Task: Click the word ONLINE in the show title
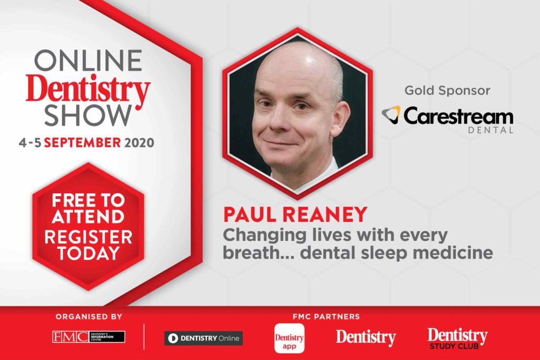click(88, 62)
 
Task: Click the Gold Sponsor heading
click(447, 91)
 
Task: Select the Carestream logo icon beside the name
click(391, 114)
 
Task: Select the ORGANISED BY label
click(89, 317)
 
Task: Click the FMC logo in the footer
click(89, 337)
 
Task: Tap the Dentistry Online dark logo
click(203, 338)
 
